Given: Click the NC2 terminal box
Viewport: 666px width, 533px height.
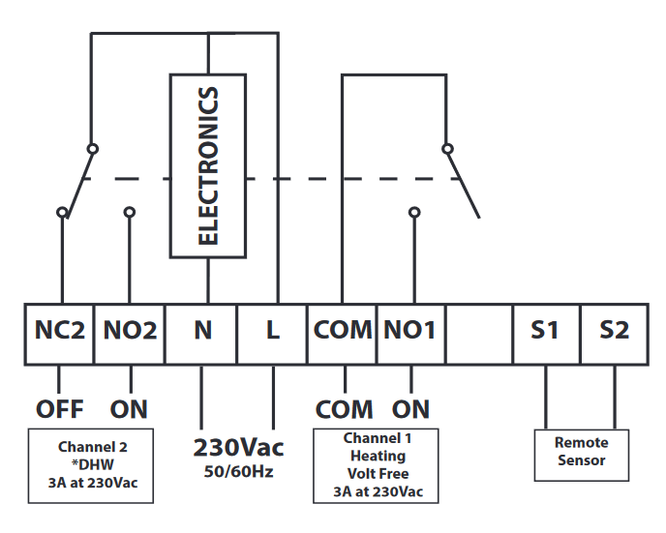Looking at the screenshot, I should (x=60, y=331).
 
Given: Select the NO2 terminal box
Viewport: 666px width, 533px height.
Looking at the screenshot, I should (x=130, y=331).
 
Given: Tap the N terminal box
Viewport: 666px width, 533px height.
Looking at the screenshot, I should (x=202, y=331).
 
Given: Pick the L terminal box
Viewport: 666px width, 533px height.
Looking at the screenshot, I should (x=273, y=331).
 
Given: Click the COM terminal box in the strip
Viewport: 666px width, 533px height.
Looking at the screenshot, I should (x=343, y=331).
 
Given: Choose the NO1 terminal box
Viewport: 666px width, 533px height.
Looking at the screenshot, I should (x=411, y=331).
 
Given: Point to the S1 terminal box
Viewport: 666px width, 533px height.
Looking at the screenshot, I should (x=545, y=331).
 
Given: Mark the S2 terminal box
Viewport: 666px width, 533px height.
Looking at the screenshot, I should (x=614, y=331).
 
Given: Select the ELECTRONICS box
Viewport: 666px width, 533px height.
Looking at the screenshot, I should (x=207, y=165).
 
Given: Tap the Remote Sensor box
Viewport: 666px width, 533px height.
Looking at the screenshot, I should (x=581, y=453).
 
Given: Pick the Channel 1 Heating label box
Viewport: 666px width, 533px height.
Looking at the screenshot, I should (x=377, y=465).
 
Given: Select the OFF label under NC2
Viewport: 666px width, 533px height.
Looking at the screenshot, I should (x=60, y=407).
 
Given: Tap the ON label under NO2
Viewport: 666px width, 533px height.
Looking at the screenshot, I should (x=129, y=407).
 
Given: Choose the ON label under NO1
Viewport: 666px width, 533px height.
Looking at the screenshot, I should (x=411, y=407).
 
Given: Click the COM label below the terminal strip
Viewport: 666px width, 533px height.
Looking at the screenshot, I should (x=343, y=407).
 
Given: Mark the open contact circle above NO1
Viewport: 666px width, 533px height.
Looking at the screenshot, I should (x=414, y=212).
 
